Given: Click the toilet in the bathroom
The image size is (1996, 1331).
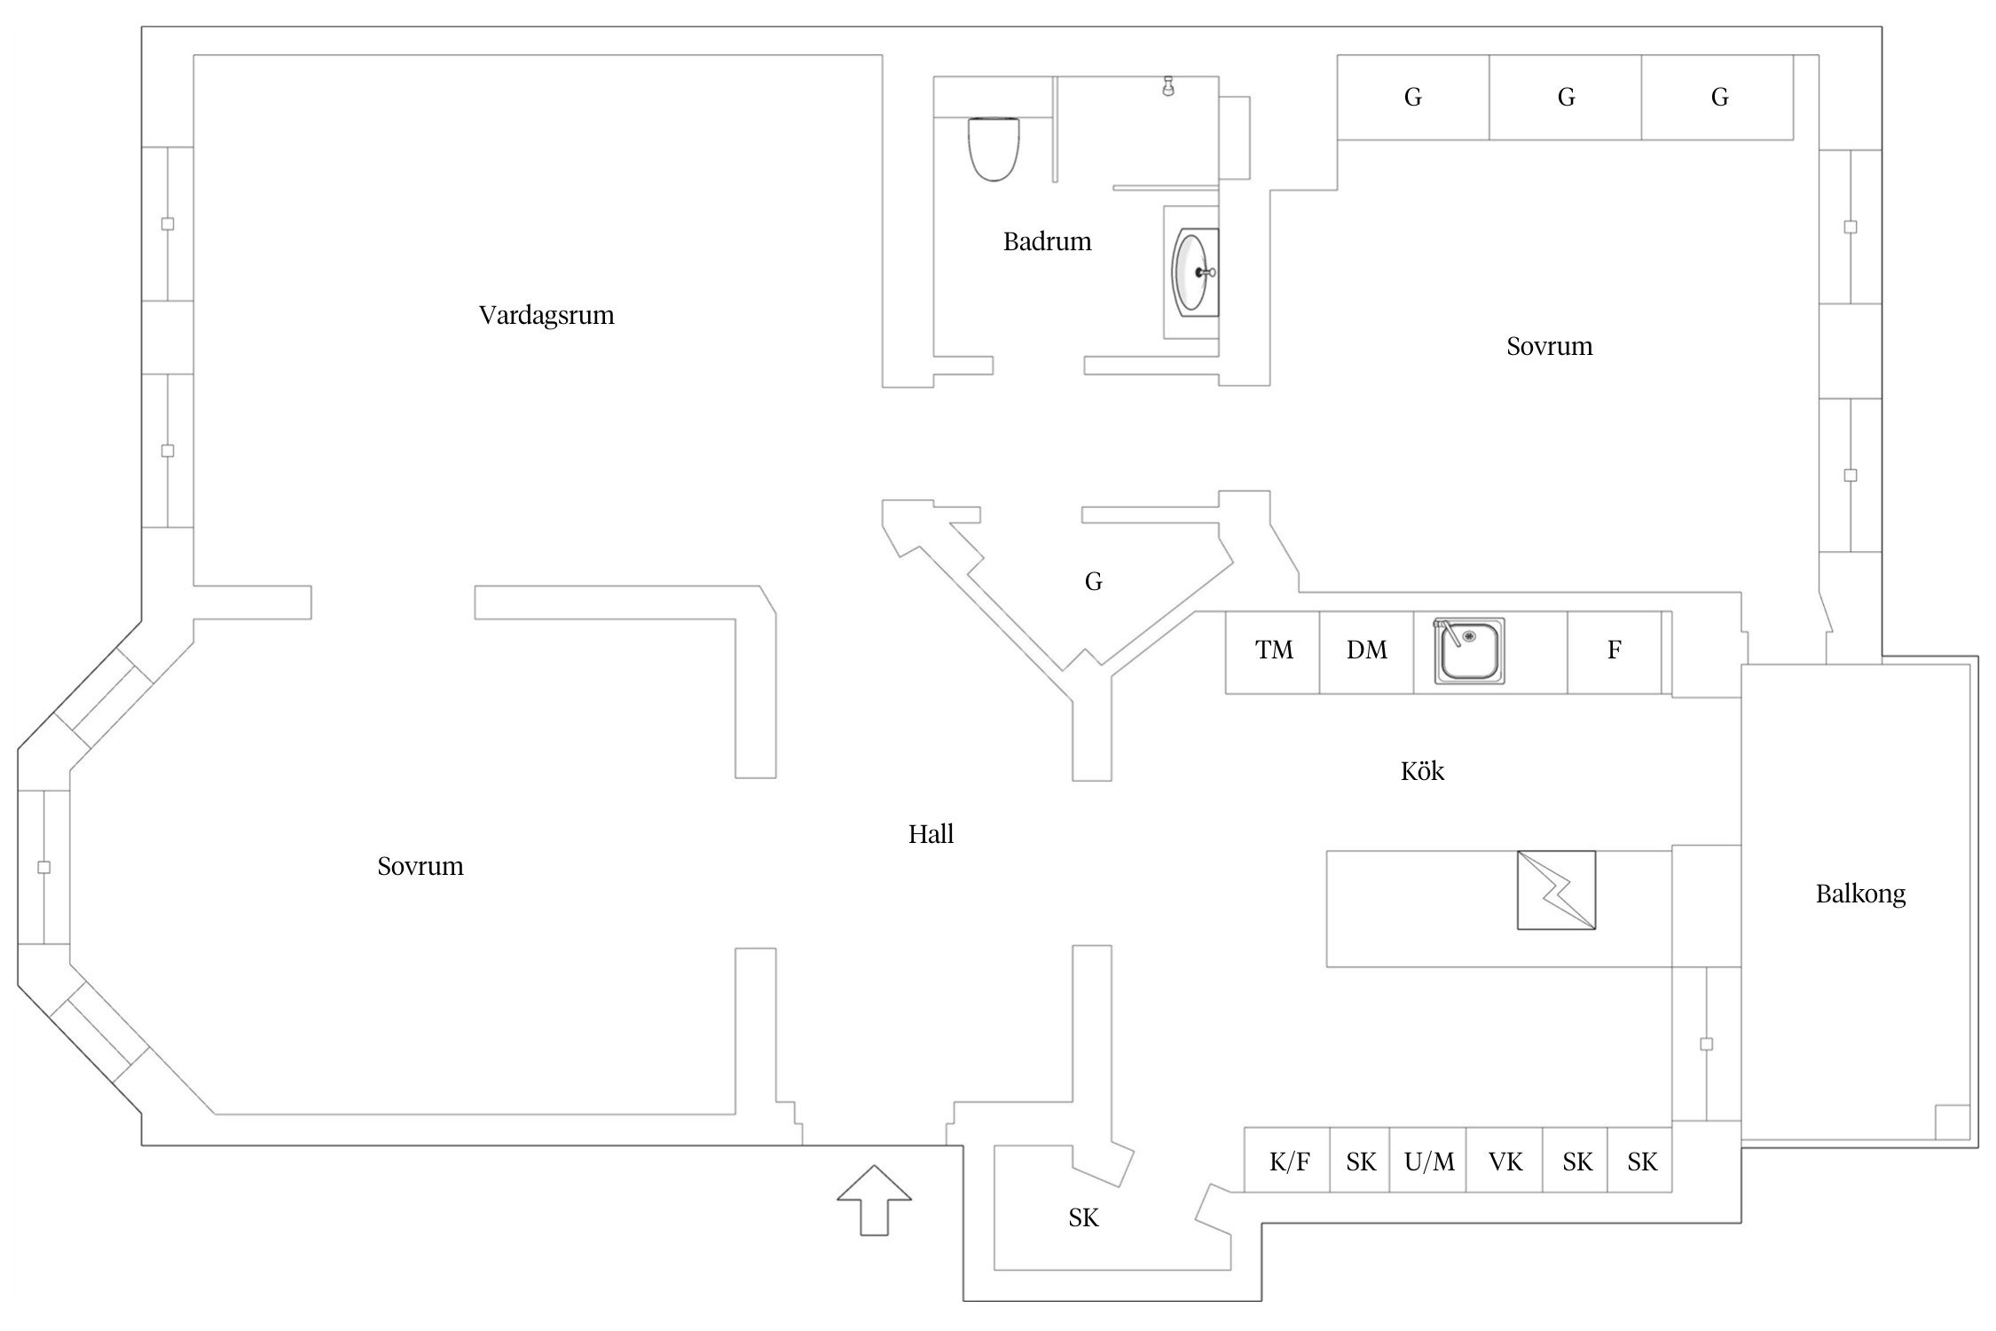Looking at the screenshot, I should (x=993, y=148).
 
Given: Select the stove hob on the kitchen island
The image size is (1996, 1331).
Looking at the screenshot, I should (x=1556, y=890).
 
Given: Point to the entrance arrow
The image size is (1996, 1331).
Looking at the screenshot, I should (x=874, y=1199).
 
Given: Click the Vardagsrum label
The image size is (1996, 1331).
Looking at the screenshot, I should (x=546, y=315).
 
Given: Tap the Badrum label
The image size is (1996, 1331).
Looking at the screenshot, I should (x=1047, y=241).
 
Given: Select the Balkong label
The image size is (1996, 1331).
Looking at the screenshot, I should (x=1860, y=894).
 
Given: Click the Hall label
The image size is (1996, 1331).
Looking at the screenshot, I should (x=931, y=834).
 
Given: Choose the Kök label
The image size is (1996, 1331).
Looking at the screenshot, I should (x=1422, y=771).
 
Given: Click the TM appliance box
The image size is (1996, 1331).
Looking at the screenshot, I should (x=1274, y=650).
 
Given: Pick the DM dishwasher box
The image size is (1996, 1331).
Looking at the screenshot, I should (x=1366, y=650).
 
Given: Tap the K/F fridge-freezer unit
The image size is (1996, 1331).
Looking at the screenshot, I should (x=1288, y=1162).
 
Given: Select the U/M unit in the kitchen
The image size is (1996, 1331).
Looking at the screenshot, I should (x=1429, y=1162).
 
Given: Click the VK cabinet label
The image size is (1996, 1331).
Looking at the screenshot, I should (x=1505, y=1162).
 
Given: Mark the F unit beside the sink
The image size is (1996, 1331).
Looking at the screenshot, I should (x=1614, y=650).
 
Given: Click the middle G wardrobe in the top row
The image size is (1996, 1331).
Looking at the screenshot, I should (x=1566, y=98).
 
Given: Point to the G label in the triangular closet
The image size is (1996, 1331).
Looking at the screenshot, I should (x=1093, y=582).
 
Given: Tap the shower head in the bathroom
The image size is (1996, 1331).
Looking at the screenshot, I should (x=1168, y=86).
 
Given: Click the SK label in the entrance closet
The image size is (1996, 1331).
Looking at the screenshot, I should (x=1083, y=1218).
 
